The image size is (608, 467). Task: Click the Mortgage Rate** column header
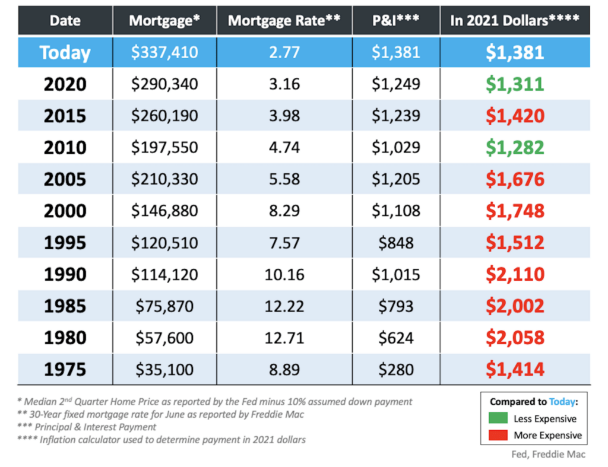pos(284,20)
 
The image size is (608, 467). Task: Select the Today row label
pos(65,52)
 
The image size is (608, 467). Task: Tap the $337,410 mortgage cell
pos(164,52)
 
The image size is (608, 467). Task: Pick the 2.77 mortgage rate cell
pos(284,52)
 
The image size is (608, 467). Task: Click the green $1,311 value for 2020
pos(515,84)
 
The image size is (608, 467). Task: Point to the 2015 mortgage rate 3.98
pos(284,116)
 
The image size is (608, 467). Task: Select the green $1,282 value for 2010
pos(515,147)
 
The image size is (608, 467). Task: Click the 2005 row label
pos(65,179)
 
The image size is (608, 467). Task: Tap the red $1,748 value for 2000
pos(515,211)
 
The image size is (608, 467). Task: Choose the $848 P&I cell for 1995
pos(396,243)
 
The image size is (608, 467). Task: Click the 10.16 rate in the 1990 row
pos(284,274)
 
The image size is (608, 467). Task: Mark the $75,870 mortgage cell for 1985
pos(164,306)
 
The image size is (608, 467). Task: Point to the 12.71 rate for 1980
pos(284,338)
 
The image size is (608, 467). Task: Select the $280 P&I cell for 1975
pos(396,370)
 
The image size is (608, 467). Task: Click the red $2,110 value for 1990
pos(515,274)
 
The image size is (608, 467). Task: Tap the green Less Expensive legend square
pos(498,418)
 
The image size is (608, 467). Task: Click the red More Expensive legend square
pos(498,435)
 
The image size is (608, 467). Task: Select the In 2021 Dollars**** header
pos(515,20)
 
